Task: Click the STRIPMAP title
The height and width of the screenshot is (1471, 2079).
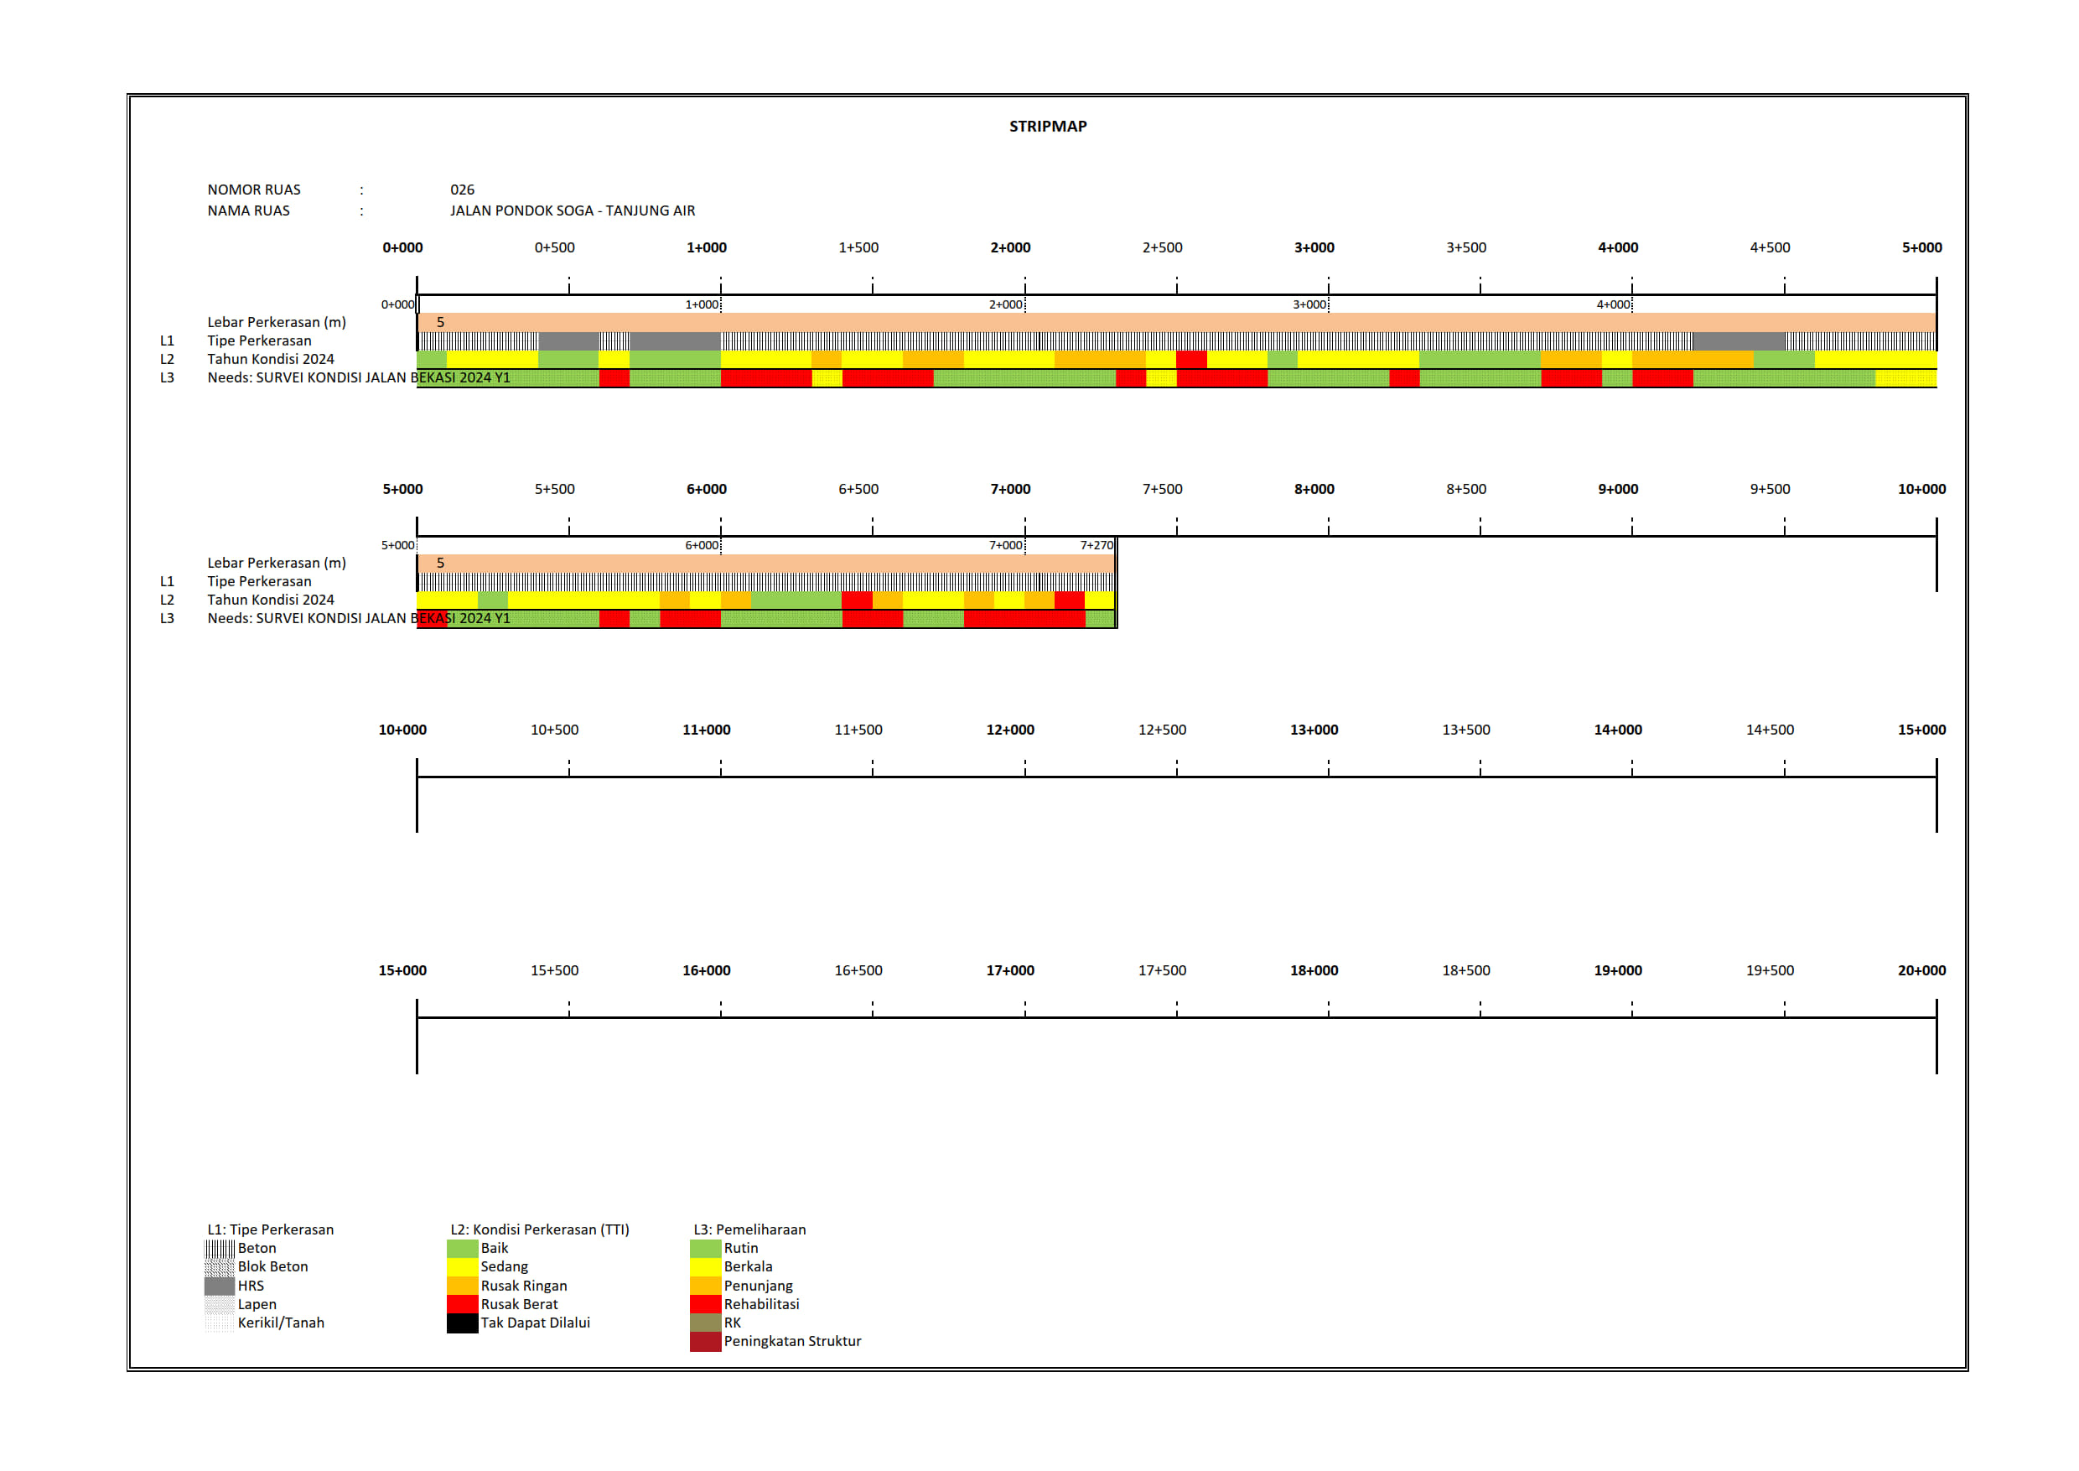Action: [1048, 126]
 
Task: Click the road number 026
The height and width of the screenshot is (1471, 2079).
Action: [462, 190]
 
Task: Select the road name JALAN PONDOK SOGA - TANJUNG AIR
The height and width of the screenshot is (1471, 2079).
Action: [573, 211]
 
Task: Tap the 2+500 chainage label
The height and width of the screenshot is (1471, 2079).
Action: [1162, 247]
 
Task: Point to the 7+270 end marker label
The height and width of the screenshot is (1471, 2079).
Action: [1096, 545]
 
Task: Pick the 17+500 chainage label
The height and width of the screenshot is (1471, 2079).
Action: [1162, 970]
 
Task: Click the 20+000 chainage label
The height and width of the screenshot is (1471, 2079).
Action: [1921, 970]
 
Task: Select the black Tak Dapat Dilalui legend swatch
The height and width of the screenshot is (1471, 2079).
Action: [462, 1323]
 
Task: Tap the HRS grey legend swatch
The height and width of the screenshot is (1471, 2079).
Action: [219, 1286]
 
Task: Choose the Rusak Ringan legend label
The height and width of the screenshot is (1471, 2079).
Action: [523, 1286]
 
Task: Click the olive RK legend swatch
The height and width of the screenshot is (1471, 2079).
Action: [704, 1323]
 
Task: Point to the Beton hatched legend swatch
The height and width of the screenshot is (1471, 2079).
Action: [219, 1248]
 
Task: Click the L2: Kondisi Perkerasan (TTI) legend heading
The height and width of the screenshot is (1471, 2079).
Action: [540, 1229]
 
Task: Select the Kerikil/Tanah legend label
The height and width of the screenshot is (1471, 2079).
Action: [281, 1323]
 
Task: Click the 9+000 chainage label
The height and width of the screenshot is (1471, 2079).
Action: [1617, 489]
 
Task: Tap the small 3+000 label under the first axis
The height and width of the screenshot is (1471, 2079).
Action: [1309, 304]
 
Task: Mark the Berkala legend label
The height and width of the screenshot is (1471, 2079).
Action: [748, 1266]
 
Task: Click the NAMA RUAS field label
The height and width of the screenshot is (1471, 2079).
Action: [248, 211]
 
